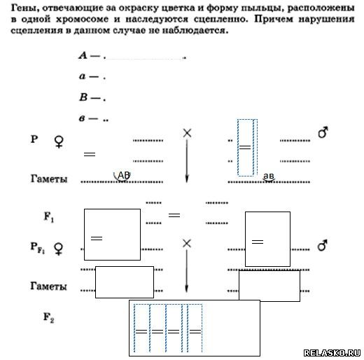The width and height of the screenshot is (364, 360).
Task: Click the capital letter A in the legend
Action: (83, 55)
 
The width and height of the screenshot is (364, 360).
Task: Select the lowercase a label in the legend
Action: (82, 76)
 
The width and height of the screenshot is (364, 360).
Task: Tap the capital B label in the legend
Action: (83, 97)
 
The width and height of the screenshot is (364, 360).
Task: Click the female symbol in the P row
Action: (59, 142)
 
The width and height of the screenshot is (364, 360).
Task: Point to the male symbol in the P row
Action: (323, 132)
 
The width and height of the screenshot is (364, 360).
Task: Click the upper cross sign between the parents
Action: (187, 133)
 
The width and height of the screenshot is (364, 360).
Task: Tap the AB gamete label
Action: (124, 175)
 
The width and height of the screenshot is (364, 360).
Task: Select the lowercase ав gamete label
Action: (268, 176)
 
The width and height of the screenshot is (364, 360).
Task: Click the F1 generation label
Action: (49, 217)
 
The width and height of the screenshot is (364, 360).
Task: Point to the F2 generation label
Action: (49, 317)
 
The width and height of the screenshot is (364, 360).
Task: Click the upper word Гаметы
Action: (49, 179)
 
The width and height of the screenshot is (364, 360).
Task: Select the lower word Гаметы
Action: (48, 286)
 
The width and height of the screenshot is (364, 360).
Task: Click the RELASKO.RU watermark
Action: (332, 352)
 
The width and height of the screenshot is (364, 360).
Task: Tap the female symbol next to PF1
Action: (59, 249)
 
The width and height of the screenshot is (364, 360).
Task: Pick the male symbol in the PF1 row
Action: (323, 245)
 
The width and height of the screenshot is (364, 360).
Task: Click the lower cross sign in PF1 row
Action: (187, 244)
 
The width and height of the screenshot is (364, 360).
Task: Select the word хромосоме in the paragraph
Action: (82, 19)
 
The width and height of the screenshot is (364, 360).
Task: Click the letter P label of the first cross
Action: (34, 139)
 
